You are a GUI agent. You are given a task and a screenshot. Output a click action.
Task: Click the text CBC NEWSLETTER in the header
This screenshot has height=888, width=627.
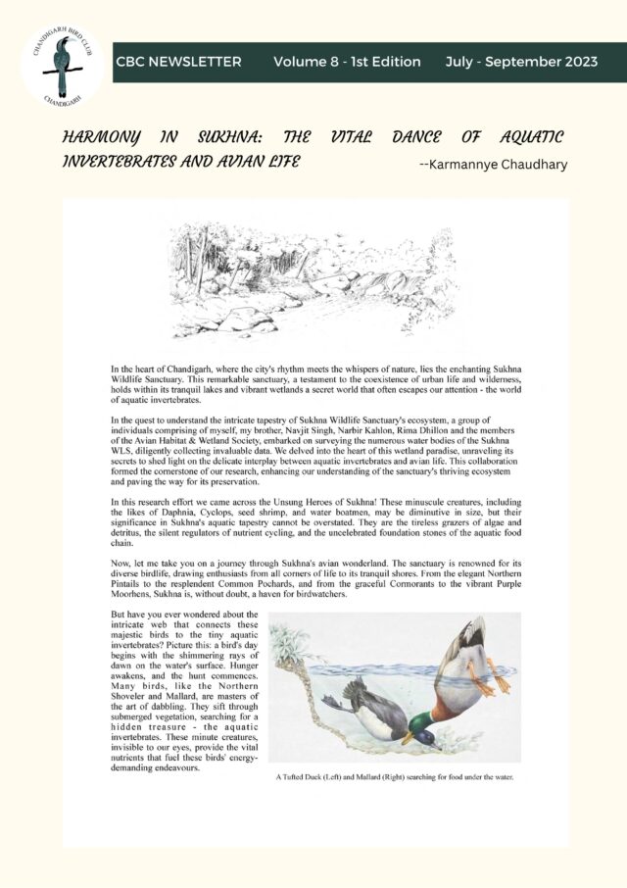point(178,62)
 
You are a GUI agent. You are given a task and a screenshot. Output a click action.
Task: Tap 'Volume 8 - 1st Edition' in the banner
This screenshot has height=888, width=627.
point(347,62)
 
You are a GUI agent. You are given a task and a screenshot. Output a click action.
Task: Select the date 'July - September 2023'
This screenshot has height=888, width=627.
point(520,62)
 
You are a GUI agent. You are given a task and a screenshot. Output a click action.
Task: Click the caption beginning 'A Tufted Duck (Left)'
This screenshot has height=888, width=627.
point(395,779)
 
